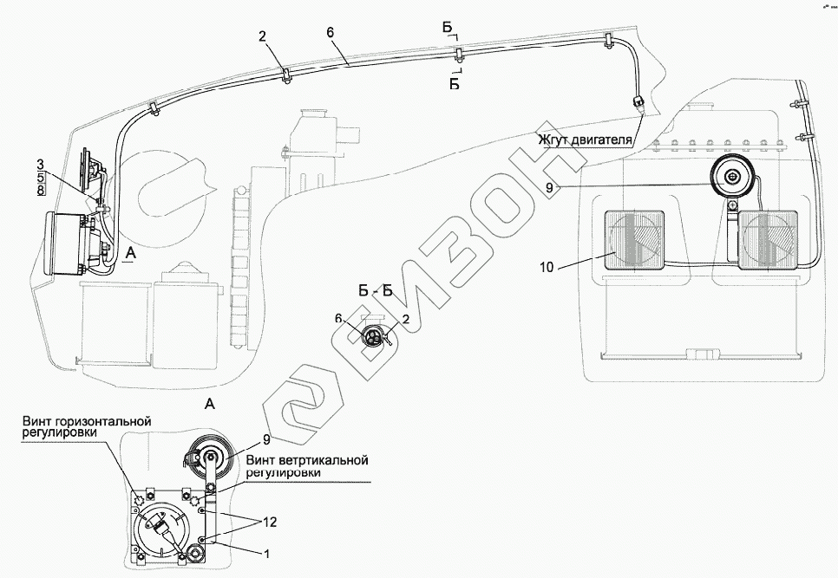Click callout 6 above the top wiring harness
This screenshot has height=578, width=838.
330,33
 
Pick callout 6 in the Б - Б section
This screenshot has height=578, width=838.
339,319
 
